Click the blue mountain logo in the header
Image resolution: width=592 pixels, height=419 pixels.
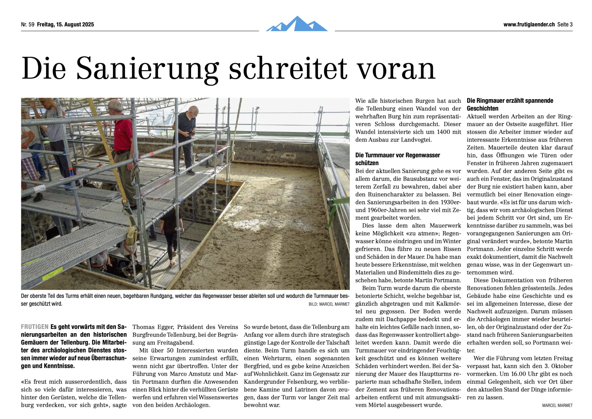[296, 24]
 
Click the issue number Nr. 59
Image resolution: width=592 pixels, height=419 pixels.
[28, 25]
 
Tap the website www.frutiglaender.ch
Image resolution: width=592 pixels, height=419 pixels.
[529, 25]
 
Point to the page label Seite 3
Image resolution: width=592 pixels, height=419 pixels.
[565, 25]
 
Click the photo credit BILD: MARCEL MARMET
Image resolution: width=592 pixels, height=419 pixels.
[329, 304]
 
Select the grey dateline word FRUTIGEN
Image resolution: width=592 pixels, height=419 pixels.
[34, 327]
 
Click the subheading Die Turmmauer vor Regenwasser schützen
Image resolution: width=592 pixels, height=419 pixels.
[397, 159]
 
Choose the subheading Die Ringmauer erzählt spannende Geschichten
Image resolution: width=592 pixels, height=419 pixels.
[510, 104]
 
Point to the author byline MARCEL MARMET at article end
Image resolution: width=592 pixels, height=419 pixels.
[557, 405]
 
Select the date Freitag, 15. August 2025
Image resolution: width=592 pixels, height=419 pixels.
[65, 25]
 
